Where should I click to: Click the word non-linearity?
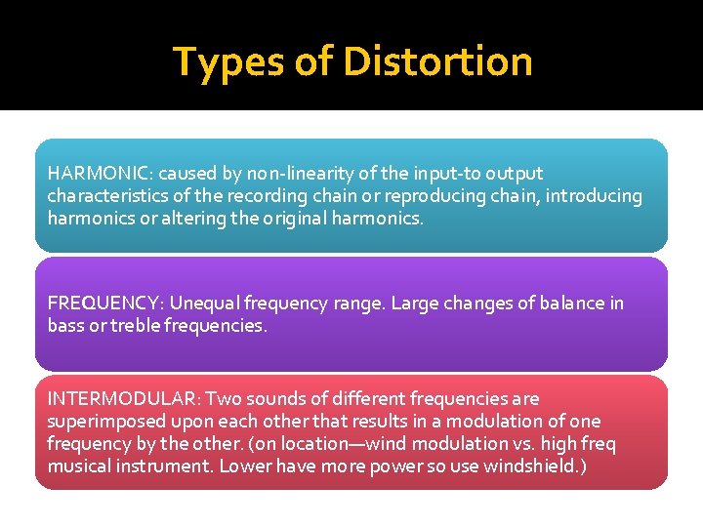click(295, 174)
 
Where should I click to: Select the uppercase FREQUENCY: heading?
click(103, 304)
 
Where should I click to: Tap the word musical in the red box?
click(76, 466)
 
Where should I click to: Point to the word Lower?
click(244, 466)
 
